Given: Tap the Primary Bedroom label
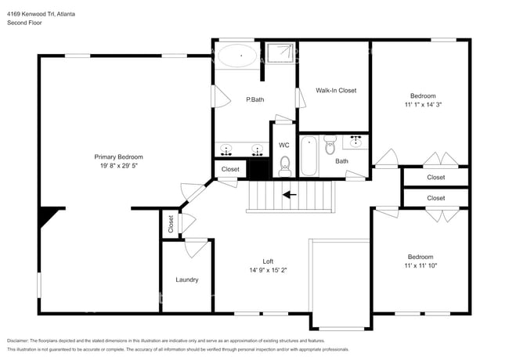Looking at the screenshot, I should pyautogui.click(x=118, y=157).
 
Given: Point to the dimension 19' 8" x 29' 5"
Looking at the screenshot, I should pyautogui.click(x=118, y=166).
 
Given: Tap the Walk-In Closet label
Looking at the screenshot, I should pyautogui.click(x=335, y=91).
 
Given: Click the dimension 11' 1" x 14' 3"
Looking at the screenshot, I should pyautogui.click(x=423, y=105).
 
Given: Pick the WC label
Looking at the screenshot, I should pyautogui.click(x=284, y=145).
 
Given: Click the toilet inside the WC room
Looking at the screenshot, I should pyautogui.click(x=285, y=164).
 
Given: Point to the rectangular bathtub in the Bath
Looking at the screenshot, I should pyautogui.click(x=309, y=154).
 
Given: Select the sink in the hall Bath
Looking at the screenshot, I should pyautogui.click(x=356, y=142).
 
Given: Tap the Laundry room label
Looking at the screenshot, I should pyautogui.click(x=186, y=279).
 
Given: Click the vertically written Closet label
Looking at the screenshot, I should pyautogui.click(x=171, y=224).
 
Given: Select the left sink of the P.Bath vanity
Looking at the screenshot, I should pyautogui.click(x=227, y=148).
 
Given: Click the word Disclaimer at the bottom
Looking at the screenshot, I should pyautogui.click(x=22, y=341).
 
